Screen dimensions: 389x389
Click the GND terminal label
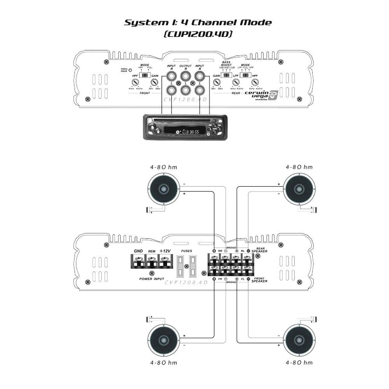138,251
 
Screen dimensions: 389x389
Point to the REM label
152,252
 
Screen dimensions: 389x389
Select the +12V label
165,251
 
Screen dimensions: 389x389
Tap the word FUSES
187,251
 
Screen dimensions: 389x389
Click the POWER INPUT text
152,279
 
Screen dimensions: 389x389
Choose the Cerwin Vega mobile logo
264,95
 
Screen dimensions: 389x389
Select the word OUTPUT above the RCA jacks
185,67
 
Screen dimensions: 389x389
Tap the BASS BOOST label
226,64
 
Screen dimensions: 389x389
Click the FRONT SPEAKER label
259,280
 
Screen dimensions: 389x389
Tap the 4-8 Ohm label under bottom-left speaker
163,363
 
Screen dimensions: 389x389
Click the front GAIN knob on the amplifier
154,82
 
